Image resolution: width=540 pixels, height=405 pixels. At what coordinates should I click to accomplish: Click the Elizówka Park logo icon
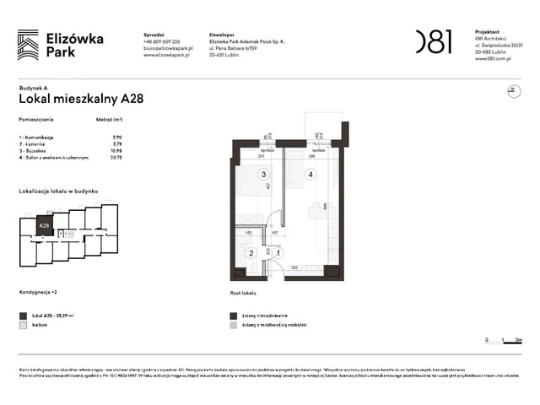click(x=28, y=44)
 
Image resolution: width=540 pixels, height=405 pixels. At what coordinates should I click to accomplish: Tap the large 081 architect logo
click(x=433, y=41)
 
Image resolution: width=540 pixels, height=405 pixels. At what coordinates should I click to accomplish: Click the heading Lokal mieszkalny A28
click(x=81, y=98)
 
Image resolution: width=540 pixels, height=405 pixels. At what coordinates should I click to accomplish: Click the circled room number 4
click(x=310, y=175)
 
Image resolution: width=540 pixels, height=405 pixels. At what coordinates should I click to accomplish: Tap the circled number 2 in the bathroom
click(x=251, y=252)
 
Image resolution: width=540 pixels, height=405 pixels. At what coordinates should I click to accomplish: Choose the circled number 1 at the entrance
click(x=279, y=252)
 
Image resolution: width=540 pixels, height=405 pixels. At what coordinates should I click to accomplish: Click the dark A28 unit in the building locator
click(x=44, y=225)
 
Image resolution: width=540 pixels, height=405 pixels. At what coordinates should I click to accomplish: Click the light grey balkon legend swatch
click(x=23, y=324)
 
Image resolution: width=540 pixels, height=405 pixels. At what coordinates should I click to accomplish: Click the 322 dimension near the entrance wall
click(x=294, y=267)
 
